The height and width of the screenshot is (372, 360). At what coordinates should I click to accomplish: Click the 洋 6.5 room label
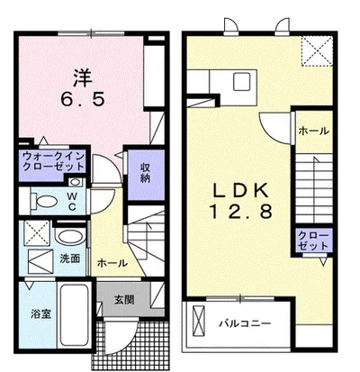coord(83,88)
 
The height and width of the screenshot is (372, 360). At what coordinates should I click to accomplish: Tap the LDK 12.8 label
coord(240,201)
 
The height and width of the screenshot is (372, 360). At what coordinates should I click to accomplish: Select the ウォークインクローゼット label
coord(53,161)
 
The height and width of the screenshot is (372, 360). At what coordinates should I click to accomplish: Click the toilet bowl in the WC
coord(44,201)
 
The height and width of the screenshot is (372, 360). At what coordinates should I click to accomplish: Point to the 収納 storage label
coord(146,173)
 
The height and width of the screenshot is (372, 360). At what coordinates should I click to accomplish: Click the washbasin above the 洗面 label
coord(70,236)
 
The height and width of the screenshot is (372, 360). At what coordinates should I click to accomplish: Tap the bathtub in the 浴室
coord(74,316)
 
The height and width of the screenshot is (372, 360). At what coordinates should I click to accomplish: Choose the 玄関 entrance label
coord(124,299)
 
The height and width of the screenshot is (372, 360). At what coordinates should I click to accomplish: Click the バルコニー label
coord(245,323)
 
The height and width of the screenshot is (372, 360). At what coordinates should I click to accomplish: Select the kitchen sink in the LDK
coord(242,81)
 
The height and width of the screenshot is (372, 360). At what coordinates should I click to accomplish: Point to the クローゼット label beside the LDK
coord(314,240)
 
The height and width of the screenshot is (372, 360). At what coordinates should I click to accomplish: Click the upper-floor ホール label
coord(314,131)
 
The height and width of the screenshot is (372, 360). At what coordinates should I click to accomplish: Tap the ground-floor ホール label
coord(112,263)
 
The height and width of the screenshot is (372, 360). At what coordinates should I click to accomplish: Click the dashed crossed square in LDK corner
coord(317,50)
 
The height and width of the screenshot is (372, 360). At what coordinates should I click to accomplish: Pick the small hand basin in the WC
coord(75,182)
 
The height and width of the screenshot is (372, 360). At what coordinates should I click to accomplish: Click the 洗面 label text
coord(69,259)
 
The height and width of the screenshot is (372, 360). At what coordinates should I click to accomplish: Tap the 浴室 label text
coord(41,314)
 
